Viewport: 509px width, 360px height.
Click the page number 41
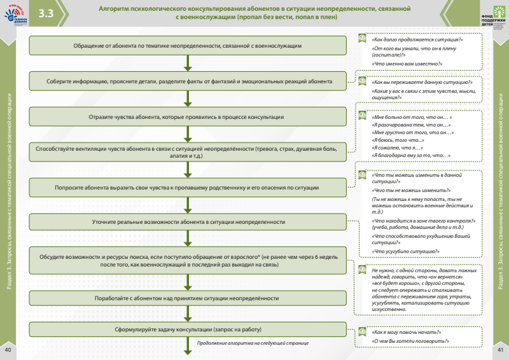tap(501, 350)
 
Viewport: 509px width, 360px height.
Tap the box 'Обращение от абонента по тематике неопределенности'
tap(188, 46)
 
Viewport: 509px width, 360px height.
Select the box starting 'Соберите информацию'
tap(188, 81)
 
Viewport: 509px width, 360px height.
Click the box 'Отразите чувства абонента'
tap(188, 117)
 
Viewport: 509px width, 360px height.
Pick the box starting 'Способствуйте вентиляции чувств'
tap(188, 152)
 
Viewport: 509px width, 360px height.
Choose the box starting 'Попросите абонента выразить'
tap(188, 188)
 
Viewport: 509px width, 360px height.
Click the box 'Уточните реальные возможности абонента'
tap(188, 222)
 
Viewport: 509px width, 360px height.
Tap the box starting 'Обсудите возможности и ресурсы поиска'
tap(188, 260)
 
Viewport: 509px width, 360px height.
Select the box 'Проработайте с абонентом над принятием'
tap(188, 298)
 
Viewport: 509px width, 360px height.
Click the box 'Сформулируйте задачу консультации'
tap(188, 329)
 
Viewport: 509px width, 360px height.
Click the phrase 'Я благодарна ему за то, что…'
tap(410, 155)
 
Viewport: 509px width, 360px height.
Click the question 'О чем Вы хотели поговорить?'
tap(410, 341)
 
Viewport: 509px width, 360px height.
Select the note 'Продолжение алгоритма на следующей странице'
tap(253, 343)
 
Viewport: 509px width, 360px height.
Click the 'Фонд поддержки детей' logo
tap(489, 15)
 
